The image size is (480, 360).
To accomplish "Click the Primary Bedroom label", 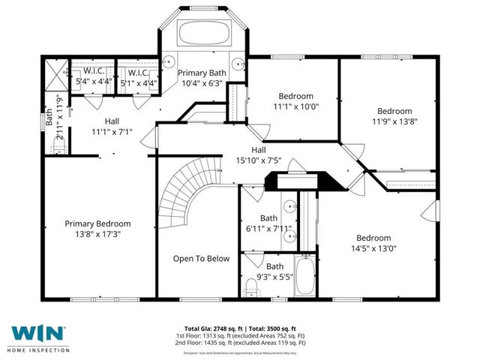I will pyautogui.click(x=97, y=223).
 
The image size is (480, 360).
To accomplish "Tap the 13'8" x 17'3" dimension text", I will pyautogui.click(x=97, y=234).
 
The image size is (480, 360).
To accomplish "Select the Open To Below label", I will pyautogui.click(x=201, y=259).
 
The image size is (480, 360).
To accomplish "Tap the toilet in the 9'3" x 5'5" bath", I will pyautogui.click(x=251, y=284).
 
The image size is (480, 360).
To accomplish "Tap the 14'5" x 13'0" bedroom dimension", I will pyautogui.click(x=373, y=248).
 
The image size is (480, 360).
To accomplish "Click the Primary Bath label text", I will pyautogui.click(x=200, y=72).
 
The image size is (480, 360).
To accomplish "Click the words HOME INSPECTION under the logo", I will pyautogui.click(x=39, y=349).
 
